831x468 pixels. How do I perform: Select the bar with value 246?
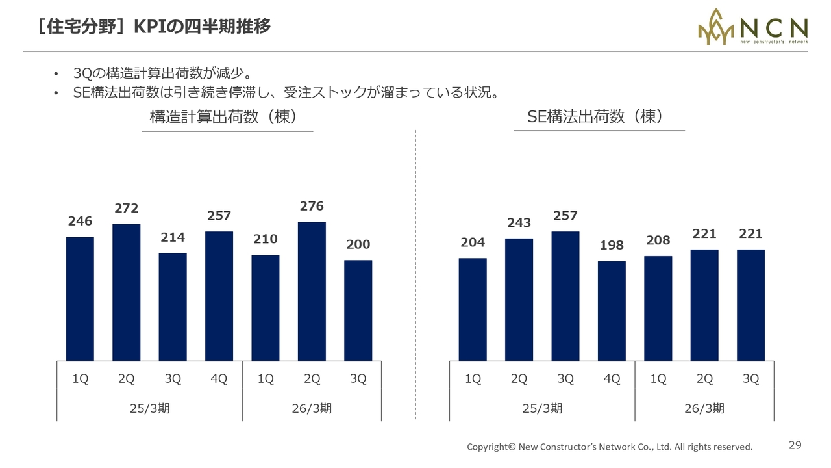[x=80, y=299]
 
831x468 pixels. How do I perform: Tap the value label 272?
[x=127, y=208]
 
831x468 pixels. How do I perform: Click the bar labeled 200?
[x=358, y=311]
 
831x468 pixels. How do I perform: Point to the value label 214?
[x=173, y=237]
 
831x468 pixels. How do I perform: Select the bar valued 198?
[x=612, y=311]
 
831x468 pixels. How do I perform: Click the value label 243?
[x=519, y=223]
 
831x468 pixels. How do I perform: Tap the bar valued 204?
[x=473, y=309]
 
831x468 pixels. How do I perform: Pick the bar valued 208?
[x=658, y=308]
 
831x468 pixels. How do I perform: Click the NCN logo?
[x=752, y=27]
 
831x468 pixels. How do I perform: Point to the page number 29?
[x=795, y=445]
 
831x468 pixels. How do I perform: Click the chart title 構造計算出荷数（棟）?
[x=223, y=117]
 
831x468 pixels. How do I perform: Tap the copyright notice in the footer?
[x=610, y=447]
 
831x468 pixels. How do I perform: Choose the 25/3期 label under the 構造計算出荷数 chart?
[x=150, y=408]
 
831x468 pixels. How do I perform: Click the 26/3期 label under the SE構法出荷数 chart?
[x=704, y=408]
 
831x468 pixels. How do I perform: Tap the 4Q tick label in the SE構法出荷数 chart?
[x=612, y=380]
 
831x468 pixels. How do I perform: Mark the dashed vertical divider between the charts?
[x=415, y=273]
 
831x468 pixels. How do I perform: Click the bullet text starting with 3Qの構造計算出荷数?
[x=162, y=73]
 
